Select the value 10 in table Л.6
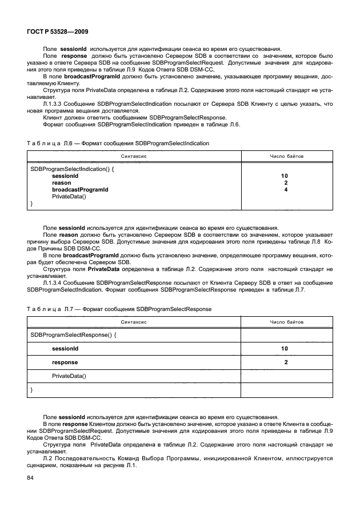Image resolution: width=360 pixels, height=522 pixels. tap(285, 176)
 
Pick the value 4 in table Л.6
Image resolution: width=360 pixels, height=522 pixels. tap(285, 189)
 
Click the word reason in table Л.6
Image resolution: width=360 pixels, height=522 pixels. tap(61, 183)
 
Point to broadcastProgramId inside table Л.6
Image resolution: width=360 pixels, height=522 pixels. tap(79, 189)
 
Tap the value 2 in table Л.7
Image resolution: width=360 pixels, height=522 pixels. tap(285, 362)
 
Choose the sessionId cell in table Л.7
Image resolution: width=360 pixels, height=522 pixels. tap(65, 348)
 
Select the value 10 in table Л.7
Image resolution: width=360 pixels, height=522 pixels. tap(285, 348)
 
